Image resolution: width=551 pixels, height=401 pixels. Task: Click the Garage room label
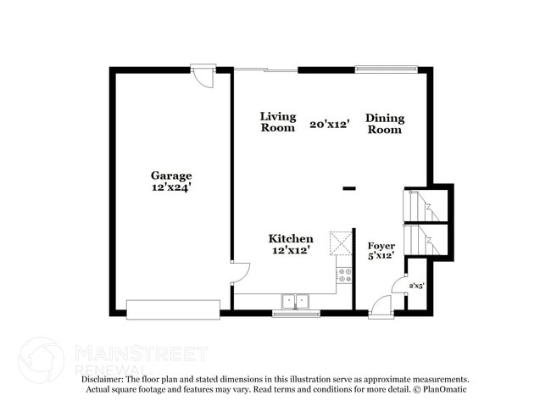(171, 175)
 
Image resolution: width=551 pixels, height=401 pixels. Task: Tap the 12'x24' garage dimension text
(171, 187)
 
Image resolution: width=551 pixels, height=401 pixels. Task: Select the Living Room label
(277, 122)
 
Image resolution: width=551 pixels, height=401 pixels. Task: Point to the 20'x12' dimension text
(330, 124)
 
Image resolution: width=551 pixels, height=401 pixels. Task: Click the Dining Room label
(385, 124)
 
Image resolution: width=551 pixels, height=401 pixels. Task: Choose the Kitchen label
(291, 239)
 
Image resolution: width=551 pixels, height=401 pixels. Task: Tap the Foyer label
(381, 246)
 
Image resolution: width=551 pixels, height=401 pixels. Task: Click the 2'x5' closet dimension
(417, 286)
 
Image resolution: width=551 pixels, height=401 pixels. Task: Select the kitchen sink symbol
(296, 300)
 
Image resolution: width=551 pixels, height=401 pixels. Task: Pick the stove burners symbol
(344, 275)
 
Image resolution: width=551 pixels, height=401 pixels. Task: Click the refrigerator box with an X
(341, 243)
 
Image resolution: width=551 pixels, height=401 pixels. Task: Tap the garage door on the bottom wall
(173, 309)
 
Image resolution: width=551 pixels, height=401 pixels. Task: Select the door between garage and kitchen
(239, 273)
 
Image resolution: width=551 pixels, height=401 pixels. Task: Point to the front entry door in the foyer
(381, 306)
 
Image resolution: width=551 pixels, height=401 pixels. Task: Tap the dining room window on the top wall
(386, 70)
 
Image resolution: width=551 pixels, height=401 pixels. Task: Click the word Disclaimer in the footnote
(103, 380)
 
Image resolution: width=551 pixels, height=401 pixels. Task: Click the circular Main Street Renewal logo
(41, 359)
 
